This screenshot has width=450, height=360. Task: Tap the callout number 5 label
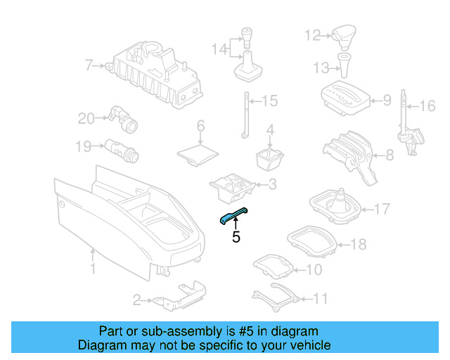[x=236, y=238]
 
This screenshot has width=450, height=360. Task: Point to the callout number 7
[x=89, y=66]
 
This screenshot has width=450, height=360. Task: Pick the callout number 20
[x=86, y=119]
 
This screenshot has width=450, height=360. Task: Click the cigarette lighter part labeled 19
[x=122, y=149]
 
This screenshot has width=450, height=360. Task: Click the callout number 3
[x=272, y=185]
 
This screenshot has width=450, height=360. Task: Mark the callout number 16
[x=427, y=106]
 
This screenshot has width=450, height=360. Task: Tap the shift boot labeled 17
[x=337, y=206]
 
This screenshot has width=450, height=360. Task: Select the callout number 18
[x=359, y=245]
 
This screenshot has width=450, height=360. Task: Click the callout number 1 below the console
[x=92, y=268]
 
